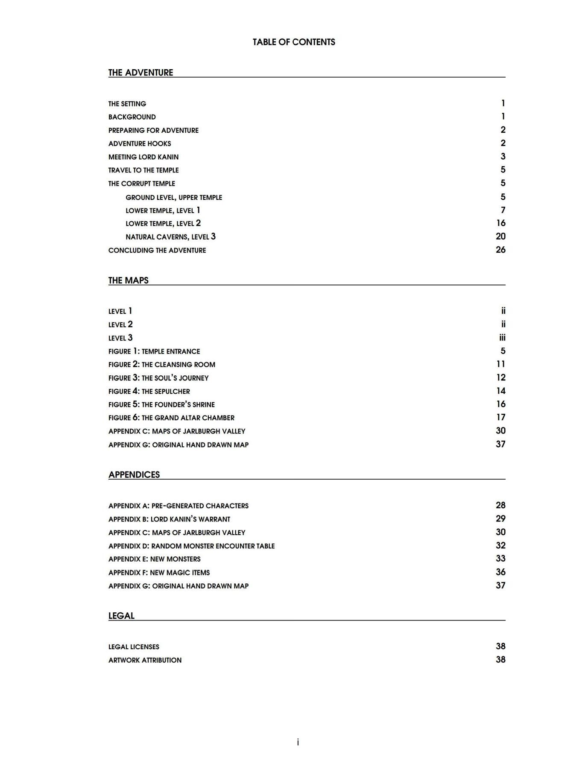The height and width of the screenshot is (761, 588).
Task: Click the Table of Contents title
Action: coord(294,42)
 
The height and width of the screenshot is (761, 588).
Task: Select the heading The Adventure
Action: coord(140,73)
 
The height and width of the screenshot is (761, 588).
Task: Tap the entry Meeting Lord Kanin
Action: coord(143,157)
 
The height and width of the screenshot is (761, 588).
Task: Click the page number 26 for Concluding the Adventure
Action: coord(500,250)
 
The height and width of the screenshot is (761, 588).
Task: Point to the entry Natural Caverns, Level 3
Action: coord(170,237)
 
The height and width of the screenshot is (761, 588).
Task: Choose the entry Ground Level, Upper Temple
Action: coord(174,197)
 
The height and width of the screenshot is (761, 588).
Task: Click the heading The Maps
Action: coord(128,281)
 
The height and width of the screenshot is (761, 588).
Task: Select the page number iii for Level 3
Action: coord(502,338)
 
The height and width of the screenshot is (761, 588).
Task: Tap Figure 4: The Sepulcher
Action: coord(149,391)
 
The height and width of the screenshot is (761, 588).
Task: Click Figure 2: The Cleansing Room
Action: coord(162,364)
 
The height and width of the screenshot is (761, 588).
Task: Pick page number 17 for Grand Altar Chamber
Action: coord(500,417)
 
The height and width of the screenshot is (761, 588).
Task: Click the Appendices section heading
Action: coord(134,475)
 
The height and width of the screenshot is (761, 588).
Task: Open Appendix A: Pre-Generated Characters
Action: coord(178,506)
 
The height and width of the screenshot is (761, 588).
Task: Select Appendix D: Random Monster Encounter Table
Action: coord(191,546)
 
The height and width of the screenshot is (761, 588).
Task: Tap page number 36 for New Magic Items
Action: coord(500,572)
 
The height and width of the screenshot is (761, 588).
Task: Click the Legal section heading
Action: coord(121,616)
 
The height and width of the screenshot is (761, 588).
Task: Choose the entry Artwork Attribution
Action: coord(145,660)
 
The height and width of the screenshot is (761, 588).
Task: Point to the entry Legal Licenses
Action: coord(134,647)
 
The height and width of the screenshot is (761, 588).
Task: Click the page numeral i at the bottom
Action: coord(298,742)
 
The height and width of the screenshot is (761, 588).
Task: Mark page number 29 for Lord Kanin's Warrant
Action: coord(500,519)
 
